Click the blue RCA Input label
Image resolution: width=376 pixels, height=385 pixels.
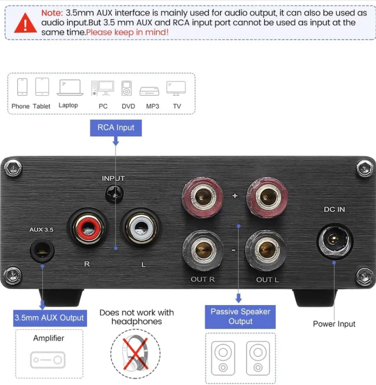pos(116,128)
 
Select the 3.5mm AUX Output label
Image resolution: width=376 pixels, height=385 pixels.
pos(49,317)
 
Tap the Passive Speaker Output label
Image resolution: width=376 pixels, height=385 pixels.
pos(240,316)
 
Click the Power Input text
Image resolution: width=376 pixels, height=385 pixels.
pos(334,324)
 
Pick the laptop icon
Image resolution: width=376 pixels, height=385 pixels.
pos(70,87)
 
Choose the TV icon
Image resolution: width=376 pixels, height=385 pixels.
pos(176,88)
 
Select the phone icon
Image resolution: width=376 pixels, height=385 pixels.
pos(22,87)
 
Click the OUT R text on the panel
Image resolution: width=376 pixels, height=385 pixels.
pos(202,279)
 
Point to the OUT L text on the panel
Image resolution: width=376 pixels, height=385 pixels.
pos(267,279)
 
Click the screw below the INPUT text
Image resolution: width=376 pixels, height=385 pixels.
pos(113,193)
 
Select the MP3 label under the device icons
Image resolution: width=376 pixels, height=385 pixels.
pos(152,106)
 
